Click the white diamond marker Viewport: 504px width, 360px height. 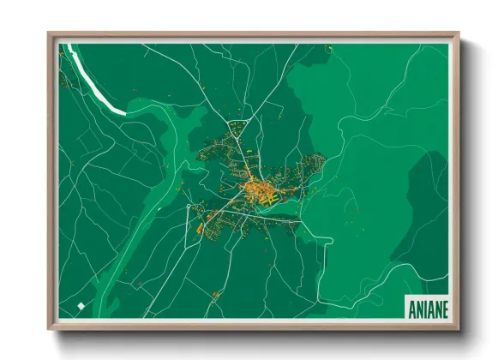(80, 306)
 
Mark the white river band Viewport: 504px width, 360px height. (90, 82)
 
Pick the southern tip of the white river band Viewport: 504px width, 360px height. (122, 111)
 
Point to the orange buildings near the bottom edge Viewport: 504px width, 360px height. (215, 295)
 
